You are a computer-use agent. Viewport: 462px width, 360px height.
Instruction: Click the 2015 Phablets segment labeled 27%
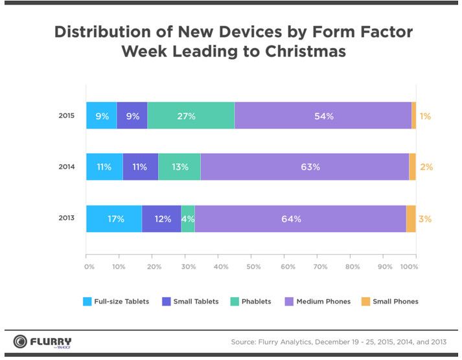pyautogui.click(x=191, y=116)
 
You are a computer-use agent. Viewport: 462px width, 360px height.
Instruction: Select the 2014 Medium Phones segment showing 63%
pyautogui.click(x=305, y=167)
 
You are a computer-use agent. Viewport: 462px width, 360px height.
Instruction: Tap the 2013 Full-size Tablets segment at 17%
pyautogui.click(x=114, y=219)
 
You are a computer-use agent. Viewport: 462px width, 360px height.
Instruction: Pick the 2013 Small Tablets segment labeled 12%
pyautogui.click(x=161, y=219)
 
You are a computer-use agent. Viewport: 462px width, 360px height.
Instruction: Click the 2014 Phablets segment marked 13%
pyautogui.click(x=179, y=167)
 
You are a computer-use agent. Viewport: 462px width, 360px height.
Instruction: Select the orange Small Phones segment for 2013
pyautogui.click(x=411, y=219)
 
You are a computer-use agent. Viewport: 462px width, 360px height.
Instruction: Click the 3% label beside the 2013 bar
pyautogui.click(x=425, y=219)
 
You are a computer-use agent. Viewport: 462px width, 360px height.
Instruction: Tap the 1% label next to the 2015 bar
pyautogui.click(x=425, y=117)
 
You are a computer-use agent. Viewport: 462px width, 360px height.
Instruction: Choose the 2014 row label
pyautogui.click(x=67, y=167)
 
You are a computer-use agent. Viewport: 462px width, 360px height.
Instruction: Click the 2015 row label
pyautogui.click(x=67, y=116)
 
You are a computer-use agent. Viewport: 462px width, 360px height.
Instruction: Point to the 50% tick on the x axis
pyautogui.click(x=253, y=267)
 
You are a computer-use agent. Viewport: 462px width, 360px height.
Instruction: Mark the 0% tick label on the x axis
pyautogui.click(x=89, y=267)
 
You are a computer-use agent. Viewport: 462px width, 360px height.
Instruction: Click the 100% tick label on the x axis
pyautogui.click(x=411, y=267)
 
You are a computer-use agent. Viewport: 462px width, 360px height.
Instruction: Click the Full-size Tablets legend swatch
pyautogui.click(x=87, y=301)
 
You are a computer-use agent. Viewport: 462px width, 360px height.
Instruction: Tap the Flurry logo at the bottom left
pyautogui.click(x=43, y=342)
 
